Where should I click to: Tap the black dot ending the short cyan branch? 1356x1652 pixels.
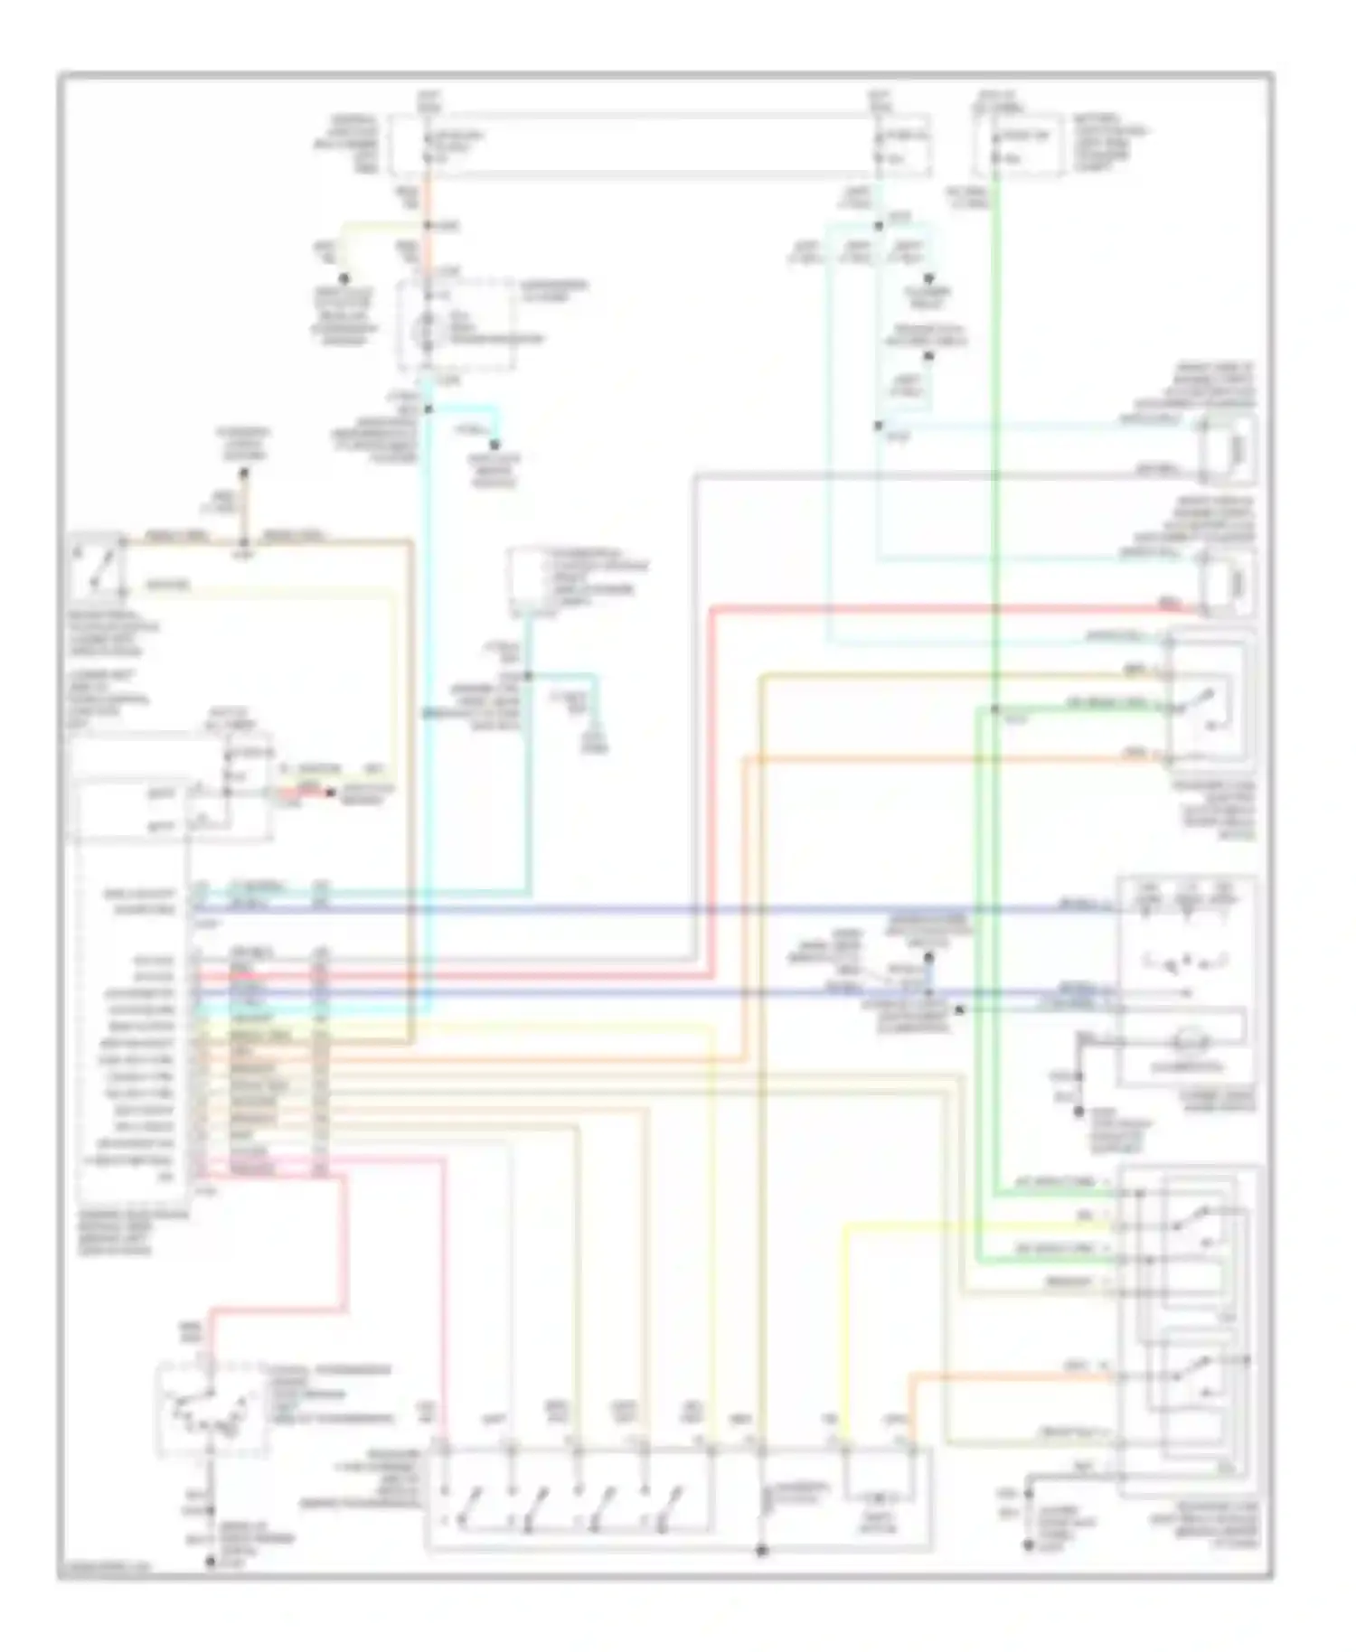pyautogui.click(x=494, y=445)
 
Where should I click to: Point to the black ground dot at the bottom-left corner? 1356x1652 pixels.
pyautogui.click(x=211, y=1561)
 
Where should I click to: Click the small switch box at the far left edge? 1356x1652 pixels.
pyautogui.click(x=97, y=565)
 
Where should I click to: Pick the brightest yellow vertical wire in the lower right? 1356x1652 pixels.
pyautogui.click(x=845, y=1328)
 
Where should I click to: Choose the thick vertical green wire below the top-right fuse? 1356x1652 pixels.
pyautogui.click(x=994, y=452)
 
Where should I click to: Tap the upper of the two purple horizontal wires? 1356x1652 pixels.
pyautogui.click(x=633, y=909)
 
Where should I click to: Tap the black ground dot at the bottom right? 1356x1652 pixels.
pyautogui.click(x=1028, y=1546)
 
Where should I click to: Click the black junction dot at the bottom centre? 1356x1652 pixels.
pyautogui.click(x=761, y=1550)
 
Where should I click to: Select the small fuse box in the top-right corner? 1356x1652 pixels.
pyautogui.click(x=1018, y=145)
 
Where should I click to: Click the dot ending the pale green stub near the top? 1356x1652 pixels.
pyautogui.click(x=344, y=279)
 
